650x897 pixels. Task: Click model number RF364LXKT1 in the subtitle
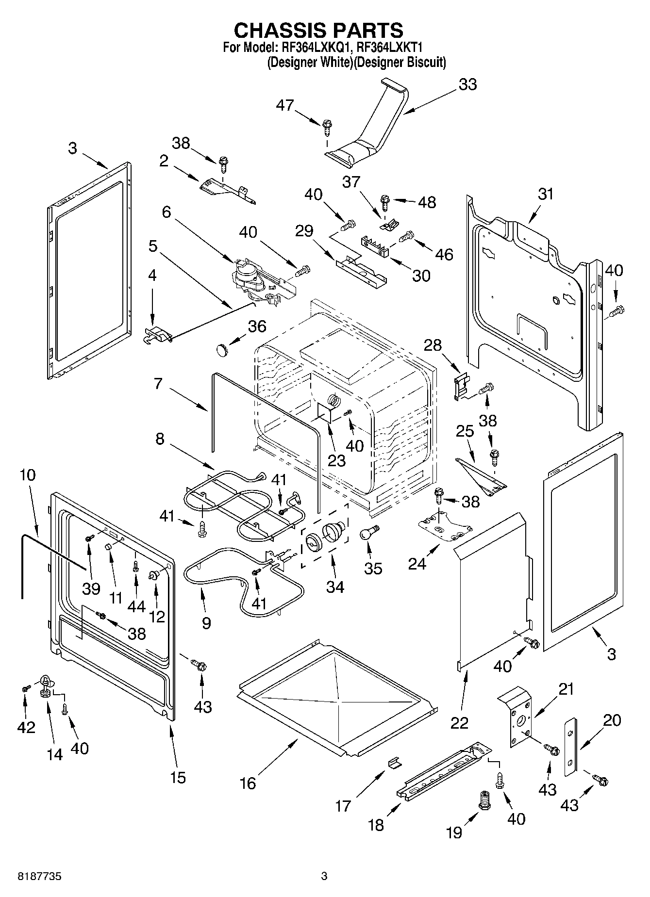pos(390,48)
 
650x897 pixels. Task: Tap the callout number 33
pos(467,84)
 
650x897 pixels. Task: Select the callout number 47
pos(285,105)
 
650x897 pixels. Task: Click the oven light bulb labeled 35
pos(369,533)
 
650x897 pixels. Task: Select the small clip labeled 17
pos(395,763)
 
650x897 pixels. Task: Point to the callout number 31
pos(546,194)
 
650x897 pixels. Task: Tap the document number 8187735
pos(40,876)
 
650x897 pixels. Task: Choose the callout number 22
pos(459,722)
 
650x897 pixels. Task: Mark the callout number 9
pos(206,622)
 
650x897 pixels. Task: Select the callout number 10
pos(28,475)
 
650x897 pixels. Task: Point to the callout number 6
pos(167,212)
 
